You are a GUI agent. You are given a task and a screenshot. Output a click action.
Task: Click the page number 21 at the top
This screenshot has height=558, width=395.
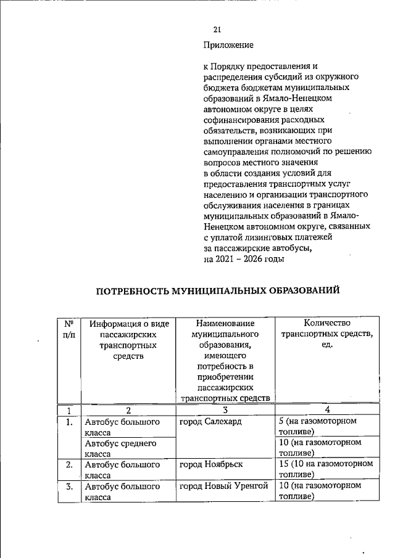tap(217, 30)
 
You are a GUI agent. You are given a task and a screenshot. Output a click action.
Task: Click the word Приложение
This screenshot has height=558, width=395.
tap(228, 45)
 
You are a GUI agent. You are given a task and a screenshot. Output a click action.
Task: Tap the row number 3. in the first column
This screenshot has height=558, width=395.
tap(69, 486)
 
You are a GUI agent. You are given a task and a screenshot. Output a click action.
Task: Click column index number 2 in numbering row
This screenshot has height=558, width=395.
tap(128, 410)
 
